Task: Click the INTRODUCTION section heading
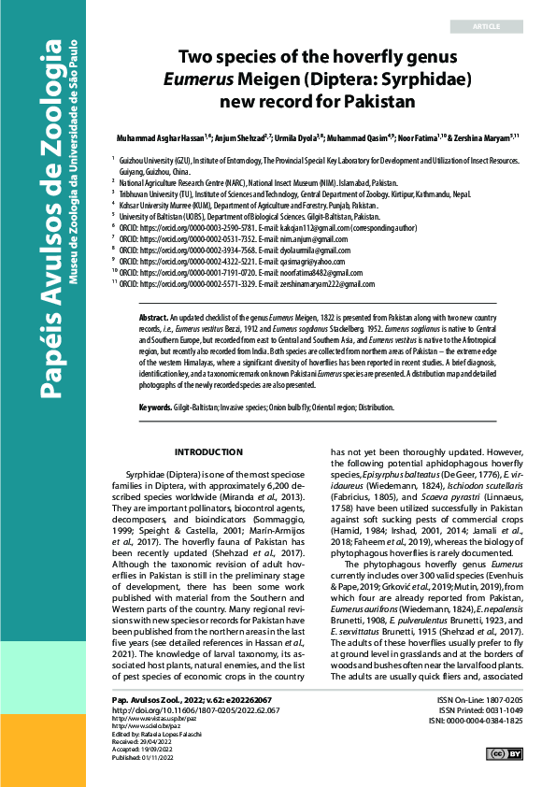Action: pyautogui.click(x=209, y=453)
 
